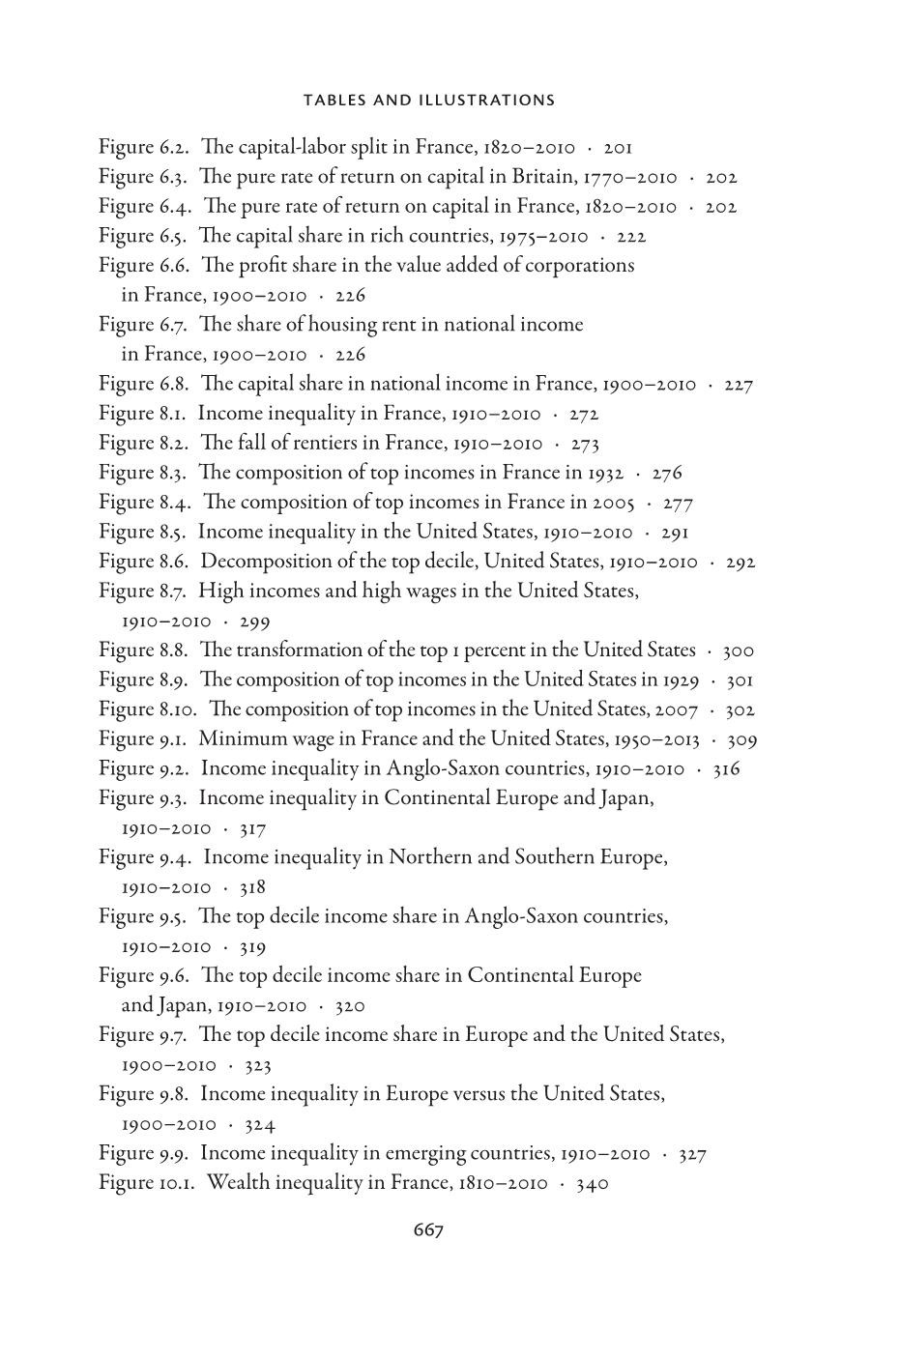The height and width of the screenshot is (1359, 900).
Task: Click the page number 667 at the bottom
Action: point(428,1229)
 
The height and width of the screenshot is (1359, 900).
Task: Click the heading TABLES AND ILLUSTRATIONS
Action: point(429,100)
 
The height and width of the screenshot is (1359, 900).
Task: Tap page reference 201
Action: point(618,148)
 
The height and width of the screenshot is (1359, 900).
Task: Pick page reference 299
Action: point(254,622)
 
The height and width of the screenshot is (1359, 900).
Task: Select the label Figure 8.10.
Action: point(147,709)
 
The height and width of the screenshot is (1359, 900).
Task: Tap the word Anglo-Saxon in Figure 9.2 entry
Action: point(440,769)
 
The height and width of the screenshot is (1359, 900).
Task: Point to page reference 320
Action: point(349,1006)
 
